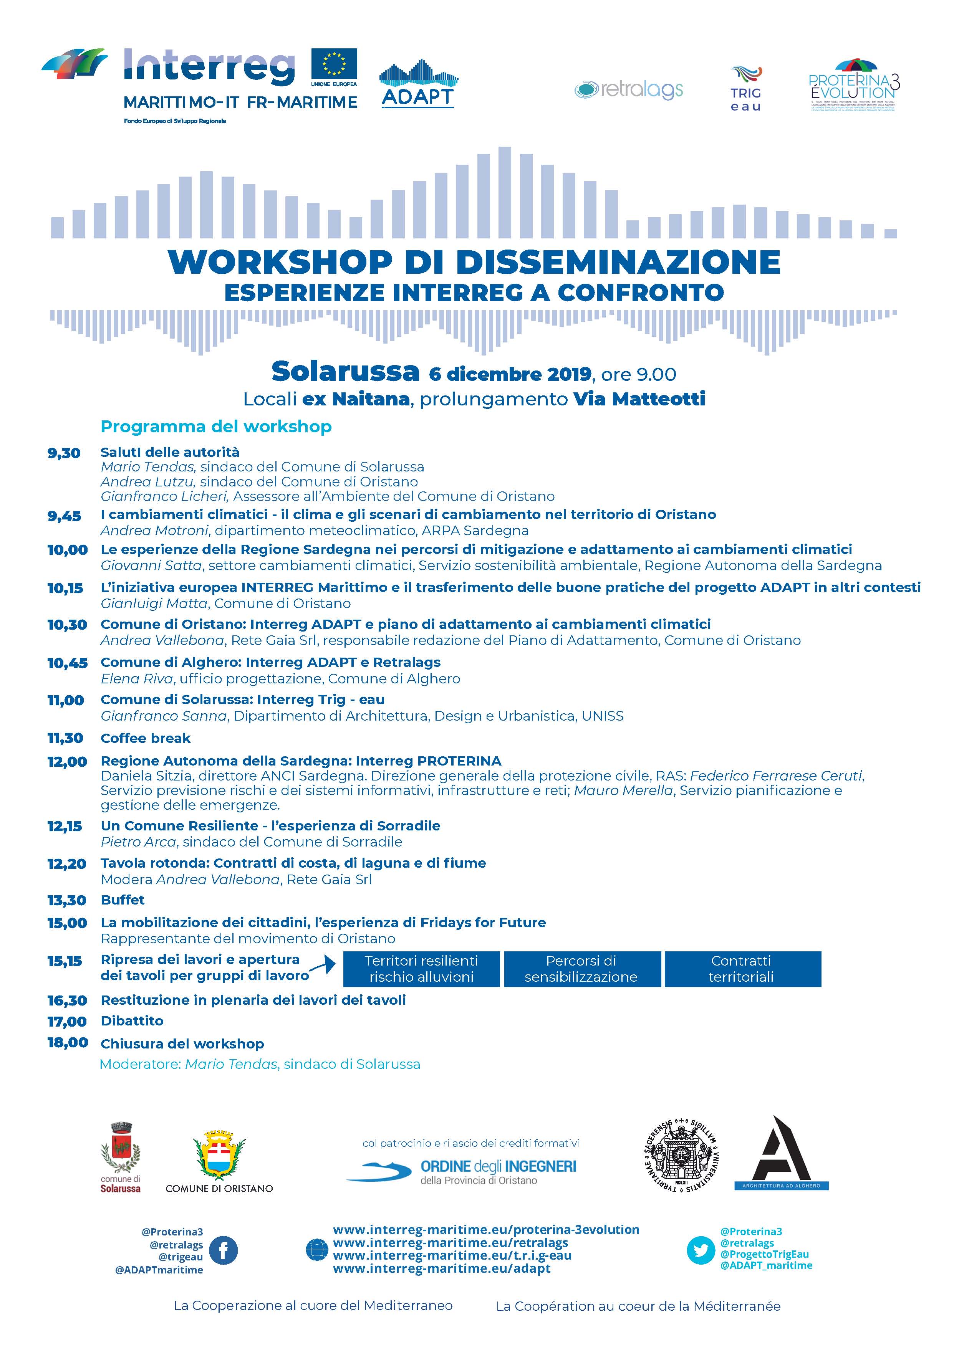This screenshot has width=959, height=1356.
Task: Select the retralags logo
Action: click(x=629, y=90)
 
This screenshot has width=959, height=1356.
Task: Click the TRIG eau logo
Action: click(x=746, y=89)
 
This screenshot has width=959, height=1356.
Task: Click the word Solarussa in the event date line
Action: click(x=345, y=372)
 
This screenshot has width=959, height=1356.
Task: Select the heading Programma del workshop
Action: click(x=216, y=427)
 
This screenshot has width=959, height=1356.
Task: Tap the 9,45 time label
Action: click(x=65, y=516)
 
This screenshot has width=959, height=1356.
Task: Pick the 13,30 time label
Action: click(x=67, y=900)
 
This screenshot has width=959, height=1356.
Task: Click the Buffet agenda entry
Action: click(x=122, y=900)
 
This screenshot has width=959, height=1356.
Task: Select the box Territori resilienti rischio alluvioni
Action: click(x=421, y=969)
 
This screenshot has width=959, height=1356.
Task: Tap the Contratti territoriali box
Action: click(x=742, y=969)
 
